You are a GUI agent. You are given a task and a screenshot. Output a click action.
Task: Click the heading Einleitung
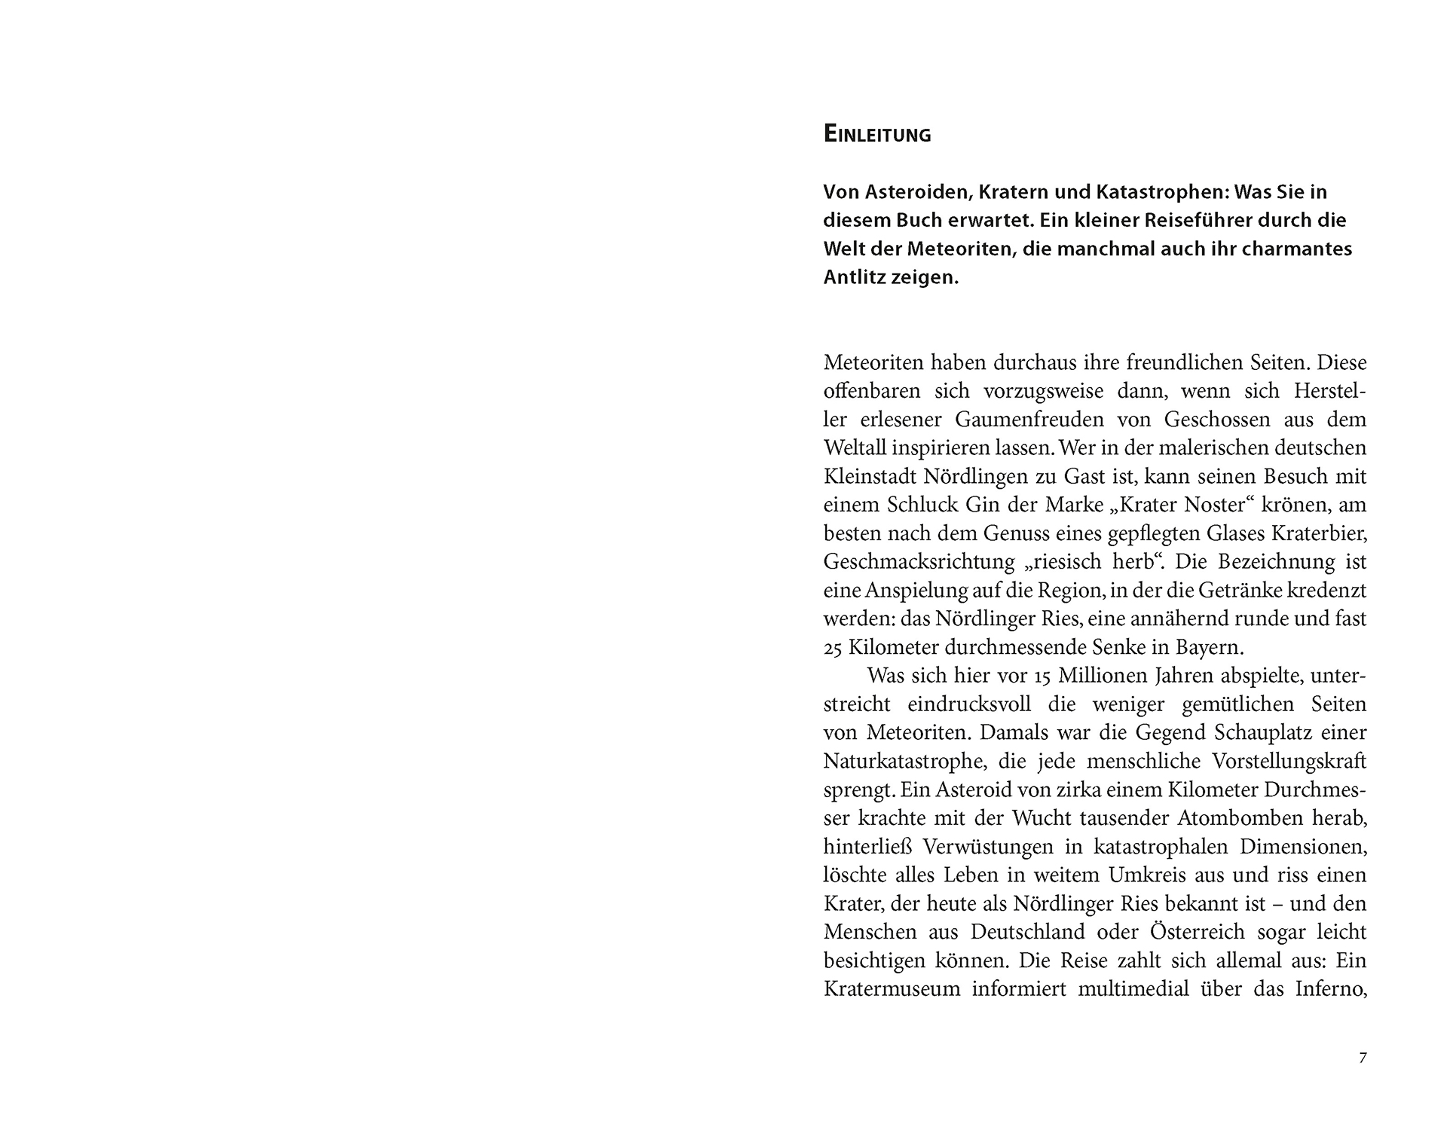(877, 135)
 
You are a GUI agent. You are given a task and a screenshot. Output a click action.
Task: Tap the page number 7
(1362, 1058)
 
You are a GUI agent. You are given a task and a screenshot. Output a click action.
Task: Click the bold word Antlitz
(854, 277)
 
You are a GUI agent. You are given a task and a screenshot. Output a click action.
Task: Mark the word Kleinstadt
(873, 477)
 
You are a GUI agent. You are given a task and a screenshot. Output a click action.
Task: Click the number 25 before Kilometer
(833, 648)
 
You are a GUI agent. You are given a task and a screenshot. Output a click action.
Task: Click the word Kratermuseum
(892, 989)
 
